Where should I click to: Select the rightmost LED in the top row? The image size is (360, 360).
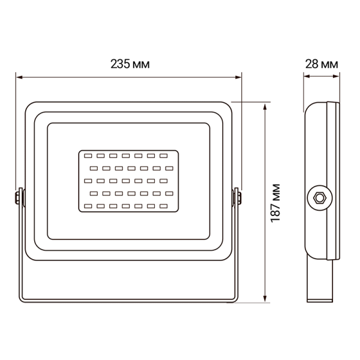163,155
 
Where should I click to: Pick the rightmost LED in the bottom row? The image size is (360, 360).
163,206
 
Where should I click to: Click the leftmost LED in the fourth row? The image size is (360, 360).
94,193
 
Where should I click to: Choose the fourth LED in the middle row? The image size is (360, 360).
125,180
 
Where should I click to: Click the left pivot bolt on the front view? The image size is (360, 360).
19,197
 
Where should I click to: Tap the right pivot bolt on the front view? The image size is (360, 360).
238,197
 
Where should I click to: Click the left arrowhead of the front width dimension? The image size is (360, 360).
18,77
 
